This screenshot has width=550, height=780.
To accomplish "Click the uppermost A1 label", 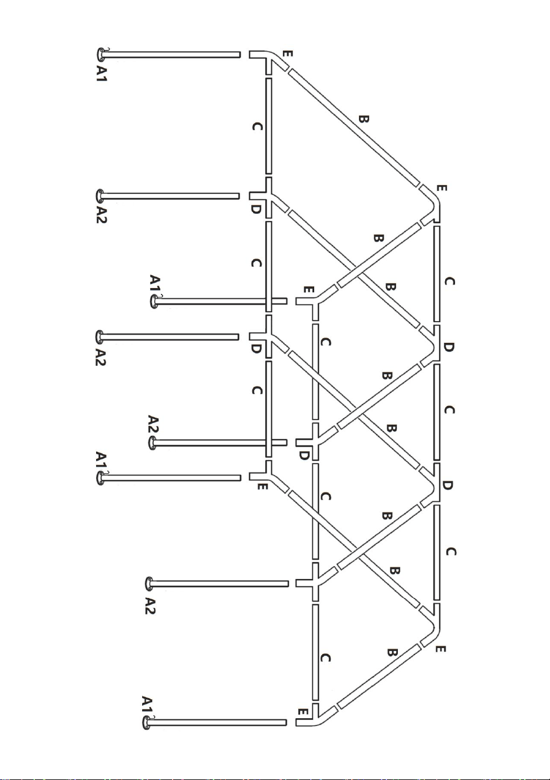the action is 101,74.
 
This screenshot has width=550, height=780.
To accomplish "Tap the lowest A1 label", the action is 148,705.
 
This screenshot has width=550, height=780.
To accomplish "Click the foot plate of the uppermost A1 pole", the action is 100,54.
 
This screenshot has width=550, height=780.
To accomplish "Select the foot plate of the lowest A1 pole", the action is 147,722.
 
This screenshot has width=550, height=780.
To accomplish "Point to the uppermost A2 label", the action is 101,215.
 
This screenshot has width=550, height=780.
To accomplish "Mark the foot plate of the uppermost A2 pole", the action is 100,196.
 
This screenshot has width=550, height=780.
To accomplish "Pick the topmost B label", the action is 364,119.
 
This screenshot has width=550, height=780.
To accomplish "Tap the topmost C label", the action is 257,127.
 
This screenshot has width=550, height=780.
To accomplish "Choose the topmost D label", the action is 255,210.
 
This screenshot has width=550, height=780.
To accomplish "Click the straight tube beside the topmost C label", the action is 268,126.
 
